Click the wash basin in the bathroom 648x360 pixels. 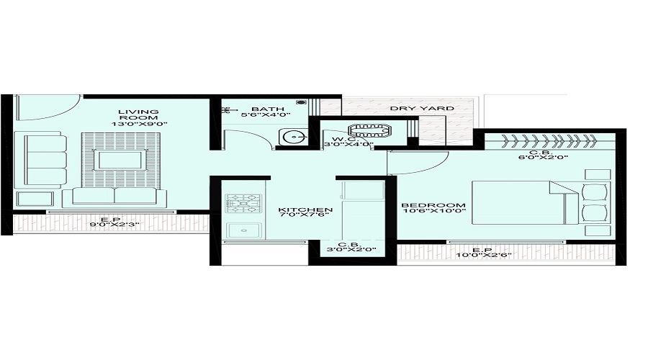tap(292, 136)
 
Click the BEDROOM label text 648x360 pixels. tap(433, 205)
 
